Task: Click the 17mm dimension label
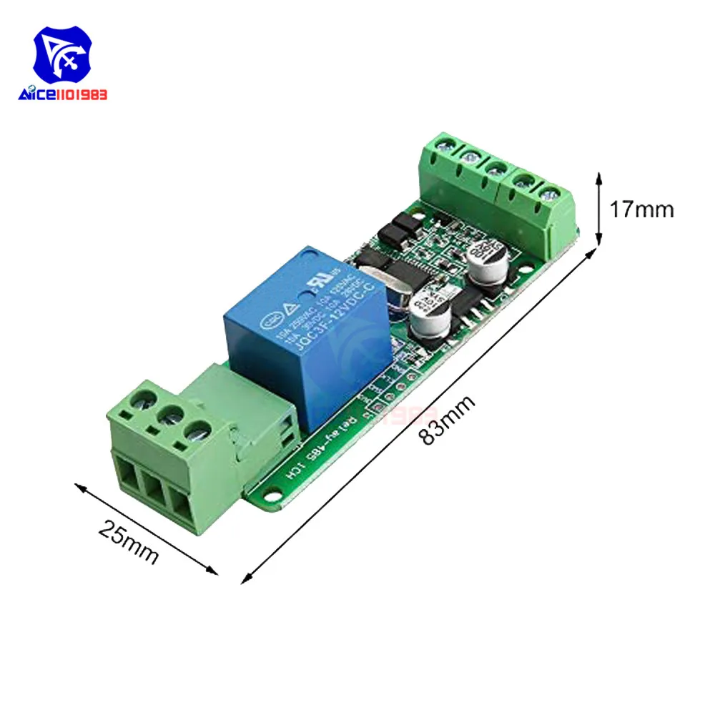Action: [x=641, y=209]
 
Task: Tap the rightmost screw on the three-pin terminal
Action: [x=197, y=431]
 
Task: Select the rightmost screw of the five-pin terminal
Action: [x=549, y=193]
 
